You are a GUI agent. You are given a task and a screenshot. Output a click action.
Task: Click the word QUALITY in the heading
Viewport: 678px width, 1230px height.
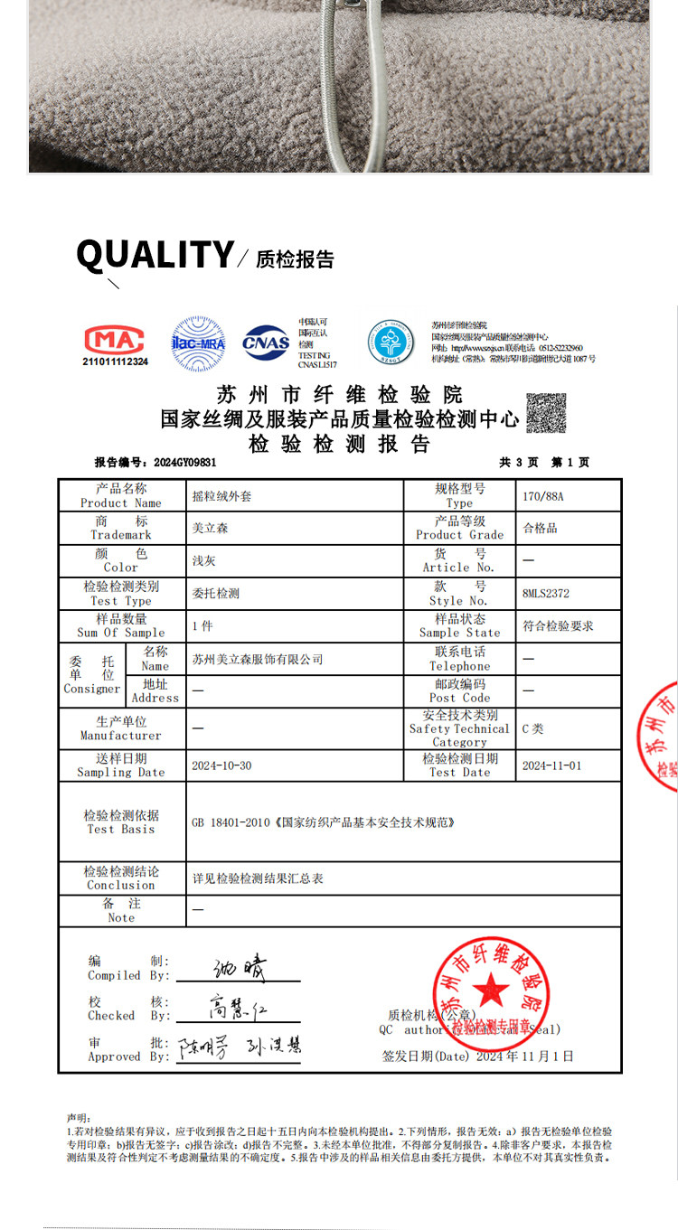[155, 255]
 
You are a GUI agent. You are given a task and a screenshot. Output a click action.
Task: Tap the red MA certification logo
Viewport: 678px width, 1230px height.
[115, 340]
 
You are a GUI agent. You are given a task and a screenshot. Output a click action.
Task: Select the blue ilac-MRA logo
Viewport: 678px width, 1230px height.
[199, 343]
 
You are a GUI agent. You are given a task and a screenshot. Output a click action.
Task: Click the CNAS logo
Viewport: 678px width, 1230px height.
[266, 343]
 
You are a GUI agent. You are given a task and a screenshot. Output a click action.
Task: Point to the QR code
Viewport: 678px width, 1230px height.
[546, 413]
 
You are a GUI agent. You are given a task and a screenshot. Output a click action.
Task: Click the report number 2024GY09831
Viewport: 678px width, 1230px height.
[185, 462]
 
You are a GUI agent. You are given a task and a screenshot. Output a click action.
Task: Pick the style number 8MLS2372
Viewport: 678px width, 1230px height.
[546, 594]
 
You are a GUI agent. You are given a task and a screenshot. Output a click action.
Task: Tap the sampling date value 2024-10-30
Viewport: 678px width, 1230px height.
[221, 765]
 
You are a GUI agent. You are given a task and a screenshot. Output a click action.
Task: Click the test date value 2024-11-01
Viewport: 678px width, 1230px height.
[551, 765]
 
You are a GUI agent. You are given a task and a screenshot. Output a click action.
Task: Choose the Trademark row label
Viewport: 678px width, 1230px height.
[121, 528]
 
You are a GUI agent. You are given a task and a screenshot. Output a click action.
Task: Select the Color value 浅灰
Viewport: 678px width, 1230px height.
[204, 560]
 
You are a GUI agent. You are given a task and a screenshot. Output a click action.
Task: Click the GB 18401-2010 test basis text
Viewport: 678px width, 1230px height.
[323, 822]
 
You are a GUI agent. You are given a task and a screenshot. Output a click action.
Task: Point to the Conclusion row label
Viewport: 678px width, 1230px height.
[121, 878]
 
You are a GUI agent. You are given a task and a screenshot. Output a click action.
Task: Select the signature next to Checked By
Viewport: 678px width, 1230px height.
[237, 1007]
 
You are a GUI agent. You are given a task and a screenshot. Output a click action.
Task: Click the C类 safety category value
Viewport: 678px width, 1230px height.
[533, 728]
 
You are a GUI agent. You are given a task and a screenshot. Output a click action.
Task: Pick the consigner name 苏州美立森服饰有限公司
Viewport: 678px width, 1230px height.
[258, 659]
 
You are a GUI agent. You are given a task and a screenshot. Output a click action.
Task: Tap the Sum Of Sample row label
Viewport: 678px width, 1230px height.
[121, 625]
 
